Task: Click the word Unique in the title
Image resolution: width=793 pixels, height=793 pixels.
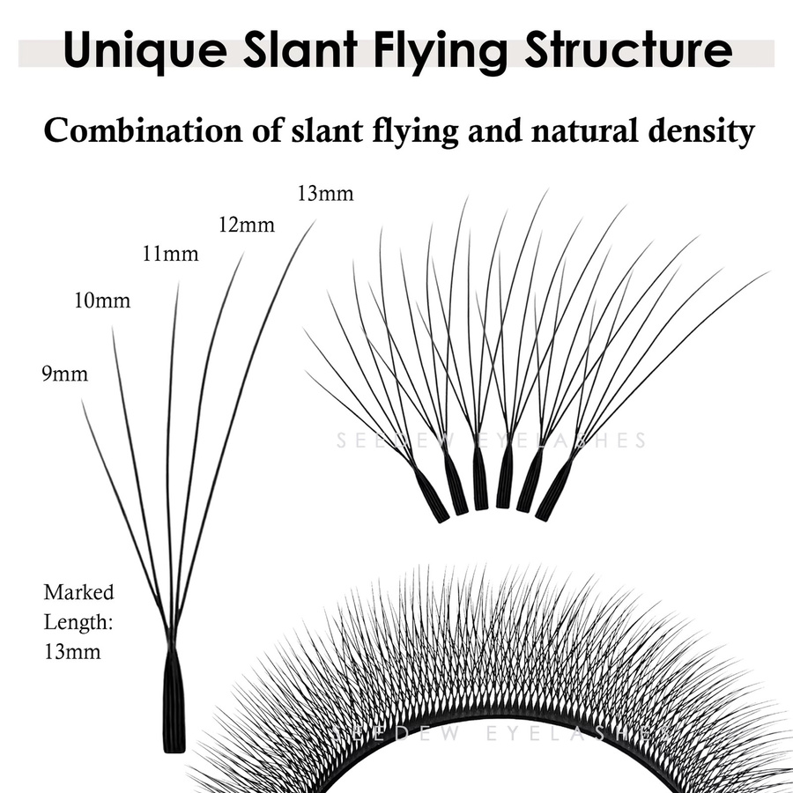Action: tap(145, 50)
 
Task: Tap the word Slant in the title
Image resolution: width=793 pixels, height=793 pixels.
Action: tap(300, 48)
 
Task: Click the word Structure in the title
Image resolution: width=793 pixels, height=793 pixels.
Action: tap(628, 48)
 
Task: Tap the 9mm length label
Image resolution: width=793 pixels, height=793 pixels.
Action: tap(64, 374)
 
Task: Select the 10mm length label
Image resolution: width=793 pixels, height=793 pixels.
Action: tap(102, 300)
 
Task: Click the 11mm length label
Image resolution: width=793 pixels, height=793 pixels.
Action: tap(170, 254)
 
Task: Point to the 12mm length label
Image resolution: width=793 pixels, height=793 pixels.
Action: tap(247, 224)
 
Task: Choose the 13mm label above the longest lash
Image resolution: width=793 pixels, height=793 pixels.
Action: tap(325, 194)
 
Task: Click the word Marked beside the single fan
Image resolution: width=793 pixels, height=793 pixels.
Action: tap(79, 592)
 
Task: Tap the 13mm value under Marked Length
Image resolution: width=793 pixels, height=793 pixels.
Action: tap(72, 651)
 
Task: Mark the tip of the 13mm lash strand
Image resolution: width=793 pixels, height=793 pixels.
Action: tap(315, 219)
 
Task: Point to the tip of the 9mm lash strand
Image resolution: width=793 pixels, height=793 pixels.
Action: tap(82, 399)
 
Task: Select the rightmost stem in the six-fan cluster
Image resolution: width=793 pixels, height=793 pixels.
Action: tap(554, 490)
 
